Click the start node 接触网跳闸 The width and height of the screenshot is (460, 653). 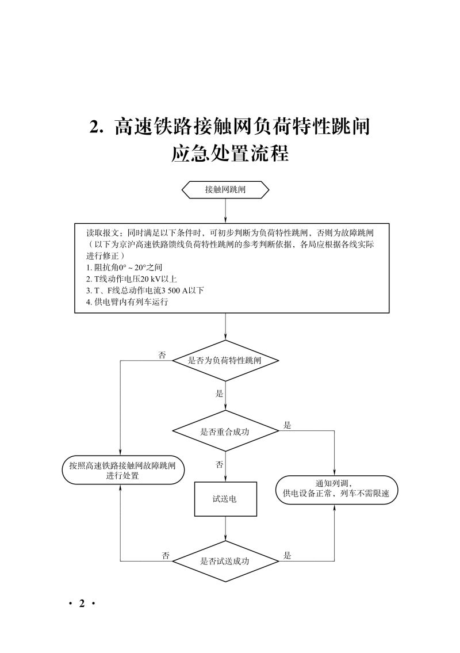(x=225, y=190)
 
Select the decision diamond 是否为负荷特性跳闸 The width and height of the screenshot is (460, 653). (x=225, y=361)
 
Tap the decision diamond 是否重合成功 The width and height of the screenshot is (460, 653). (x=225, y=431)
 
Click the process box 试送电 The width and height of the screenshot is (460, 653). (x=225, y=499)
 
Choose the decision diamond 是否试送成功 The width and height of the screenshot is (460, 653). (x=225, y=561)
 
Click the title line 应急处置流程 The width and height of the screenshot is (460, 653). (x=230, y=154)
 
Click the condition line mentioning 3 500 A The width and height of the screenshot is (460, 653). (x=145, y=290)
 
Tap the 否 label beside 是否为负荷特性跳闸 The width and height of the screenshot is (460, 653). (x=162, y=355)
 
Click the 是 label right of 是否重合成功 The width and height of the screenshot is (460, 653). (x=287, y=426)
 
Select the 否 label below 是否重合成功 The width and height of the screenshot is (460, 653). (x=219, y=464)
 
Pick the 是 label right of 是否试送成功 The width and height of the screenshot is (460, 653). (x=287, y=555)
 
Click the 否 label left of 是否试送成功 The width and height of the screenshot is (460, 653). (x=166, y=555)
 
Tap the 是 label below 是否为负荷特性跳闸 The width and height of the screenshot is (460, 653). (x=219, y=394)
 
